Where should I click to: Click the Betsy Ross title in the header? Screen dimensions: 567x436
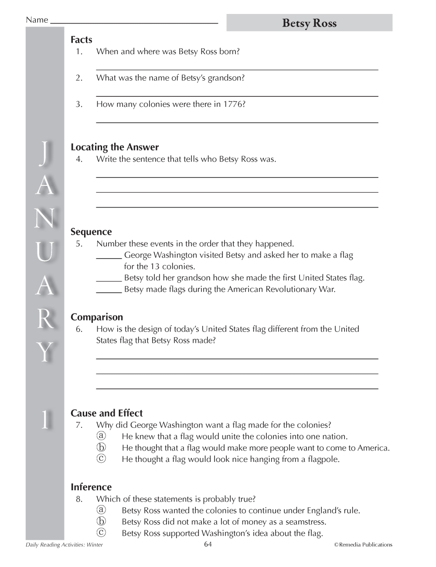tap(309, 23)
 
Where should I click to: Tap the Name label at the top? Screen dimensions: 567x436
tap(37, 20)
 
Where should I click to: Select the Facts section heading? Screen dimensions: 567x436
tap(82, 40)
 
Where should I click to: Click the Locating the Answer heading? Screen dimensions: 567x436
tap(115, 147)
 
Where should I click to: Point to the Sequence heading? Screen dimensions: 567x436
tap(91, 232)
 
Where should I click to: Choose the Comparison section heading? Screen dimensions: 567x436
tap(97, 317)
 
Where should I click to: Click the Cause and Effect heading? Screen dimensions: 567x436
tap(107, 413)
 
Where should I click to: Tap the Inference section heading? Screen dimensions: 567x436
tap(91, 487)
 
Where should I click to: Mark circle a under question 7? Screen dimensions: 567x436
tap(101, 436)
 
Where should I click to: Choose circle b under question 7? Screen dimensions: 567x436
tap(101, 447)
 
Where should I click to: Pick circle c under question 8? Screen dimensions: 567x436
tap(101, 533)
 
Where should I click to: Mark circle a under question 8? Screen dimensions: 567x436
tap(101, 510)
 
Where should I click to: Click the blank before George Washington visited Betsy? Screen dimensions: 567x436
tap(109, 257)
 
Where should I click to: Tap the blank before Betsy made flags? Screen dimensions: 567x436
tap(109, 291)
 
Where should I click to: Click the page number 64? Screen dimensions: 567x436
tap(208, 544)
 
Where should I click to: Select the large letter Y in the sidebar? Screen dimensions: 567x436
tap(44, 352)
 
